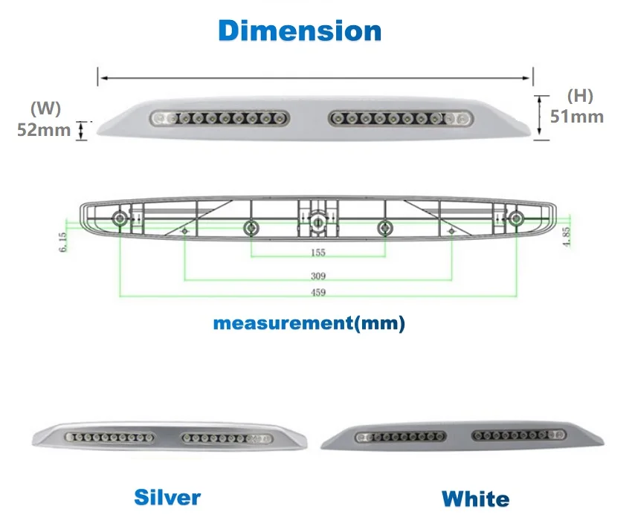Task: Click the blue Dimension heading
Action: [300, 31]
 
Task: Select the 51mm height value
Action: [576, 116]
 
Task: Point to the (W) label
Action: [45, 108]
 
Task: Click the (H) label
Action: [579, 95]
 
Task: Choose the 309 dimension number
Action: [317, 276]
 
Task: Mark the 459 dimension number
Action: [317, 293]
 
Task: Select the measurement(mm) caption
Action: [309, 324]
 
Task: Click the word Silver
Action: [167, 496]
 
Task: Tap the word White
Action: [476, 499]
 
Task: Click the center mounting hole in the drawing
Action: [317, 221]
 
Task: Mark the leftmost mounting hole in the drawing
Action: [119, 218]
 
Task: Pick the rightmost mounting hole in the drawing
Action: [515, 218]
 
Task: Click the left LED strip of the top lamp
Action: [220, 117]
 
